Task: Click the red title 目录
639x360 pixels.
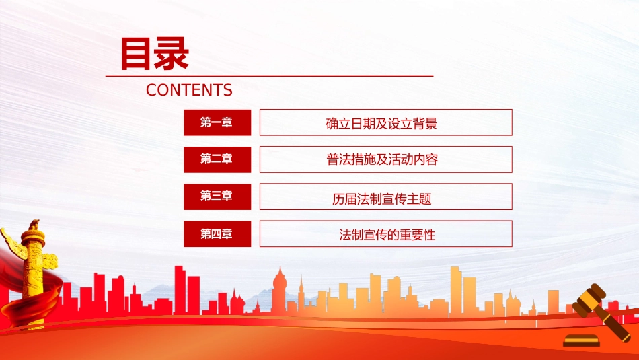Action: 154,54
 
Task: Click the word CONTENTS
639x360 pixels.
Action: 189,90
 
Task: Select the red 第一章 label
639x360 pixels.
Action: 217,122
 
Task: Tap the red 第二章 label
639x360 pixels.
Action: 217,159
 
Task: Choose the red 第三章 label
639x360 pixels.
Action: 217,196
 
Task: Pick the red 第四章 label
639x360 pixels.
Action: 217,233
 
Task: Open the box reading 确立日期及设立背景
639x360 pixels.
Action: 385,122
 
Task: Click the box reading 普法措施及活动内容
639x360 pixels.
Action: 385,159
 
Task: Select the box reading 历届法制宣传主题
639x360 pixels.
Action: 385,196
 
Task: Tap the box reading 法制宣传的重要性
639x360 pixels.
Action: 385,233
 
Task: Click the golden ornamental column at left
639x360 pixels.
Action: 31,269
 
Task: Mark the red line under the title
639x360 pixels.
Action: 269,77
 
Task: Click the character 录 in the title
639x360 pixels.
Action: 172,54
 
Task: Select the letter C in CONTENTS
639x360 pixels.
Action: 151,90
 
